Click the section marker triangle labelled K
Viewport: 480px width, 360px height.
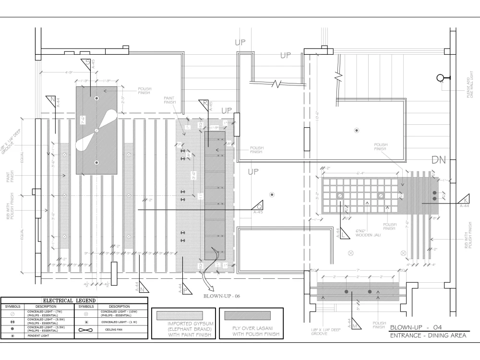click(464, 201)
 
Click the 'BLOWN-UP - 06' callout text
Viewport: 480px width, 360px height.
click(221, 296)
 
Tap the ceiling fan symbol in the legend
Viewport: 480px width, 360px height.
click(85, 330)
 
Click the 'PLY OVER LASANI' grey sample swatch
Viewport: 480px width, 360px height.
click(247, 315)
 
